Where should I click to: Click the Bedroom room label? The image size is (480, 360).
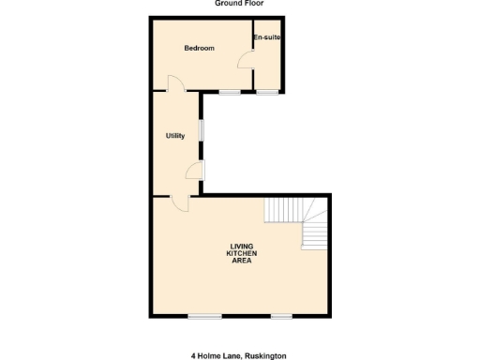tap(199, 48)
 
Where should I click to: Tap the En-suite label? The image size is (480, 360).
tap(267, 37)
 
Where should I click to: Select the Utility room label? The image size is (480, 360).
tap(175, 136)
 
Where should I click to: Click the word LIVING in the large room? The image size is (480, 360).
tap(243, 247)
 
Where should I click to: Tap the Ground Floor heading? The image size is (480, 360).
tap(239, 4)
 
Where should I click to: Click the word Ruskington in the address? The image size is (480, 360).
tap(264, 355)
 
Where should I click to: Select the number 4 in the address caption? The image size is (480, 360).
tap(194, 355)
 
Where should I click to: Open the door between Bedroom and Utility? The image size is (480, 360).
tap(175, 84)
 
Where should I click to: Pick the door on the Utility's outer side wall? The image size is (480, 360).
tap(195, 169)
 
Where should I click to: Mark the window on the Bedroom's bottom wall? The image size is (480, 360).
tap(229, 91)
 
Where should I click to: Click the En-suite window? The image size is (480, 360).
tap(267, 91)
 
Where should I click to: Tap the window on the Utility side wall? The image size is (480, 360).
tap(202, 130)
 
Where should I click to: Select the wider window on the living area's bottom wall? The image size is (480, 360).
tap(204, 316)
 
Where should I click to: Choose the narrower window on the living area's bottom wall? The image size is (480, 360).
tap(281, 316)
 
